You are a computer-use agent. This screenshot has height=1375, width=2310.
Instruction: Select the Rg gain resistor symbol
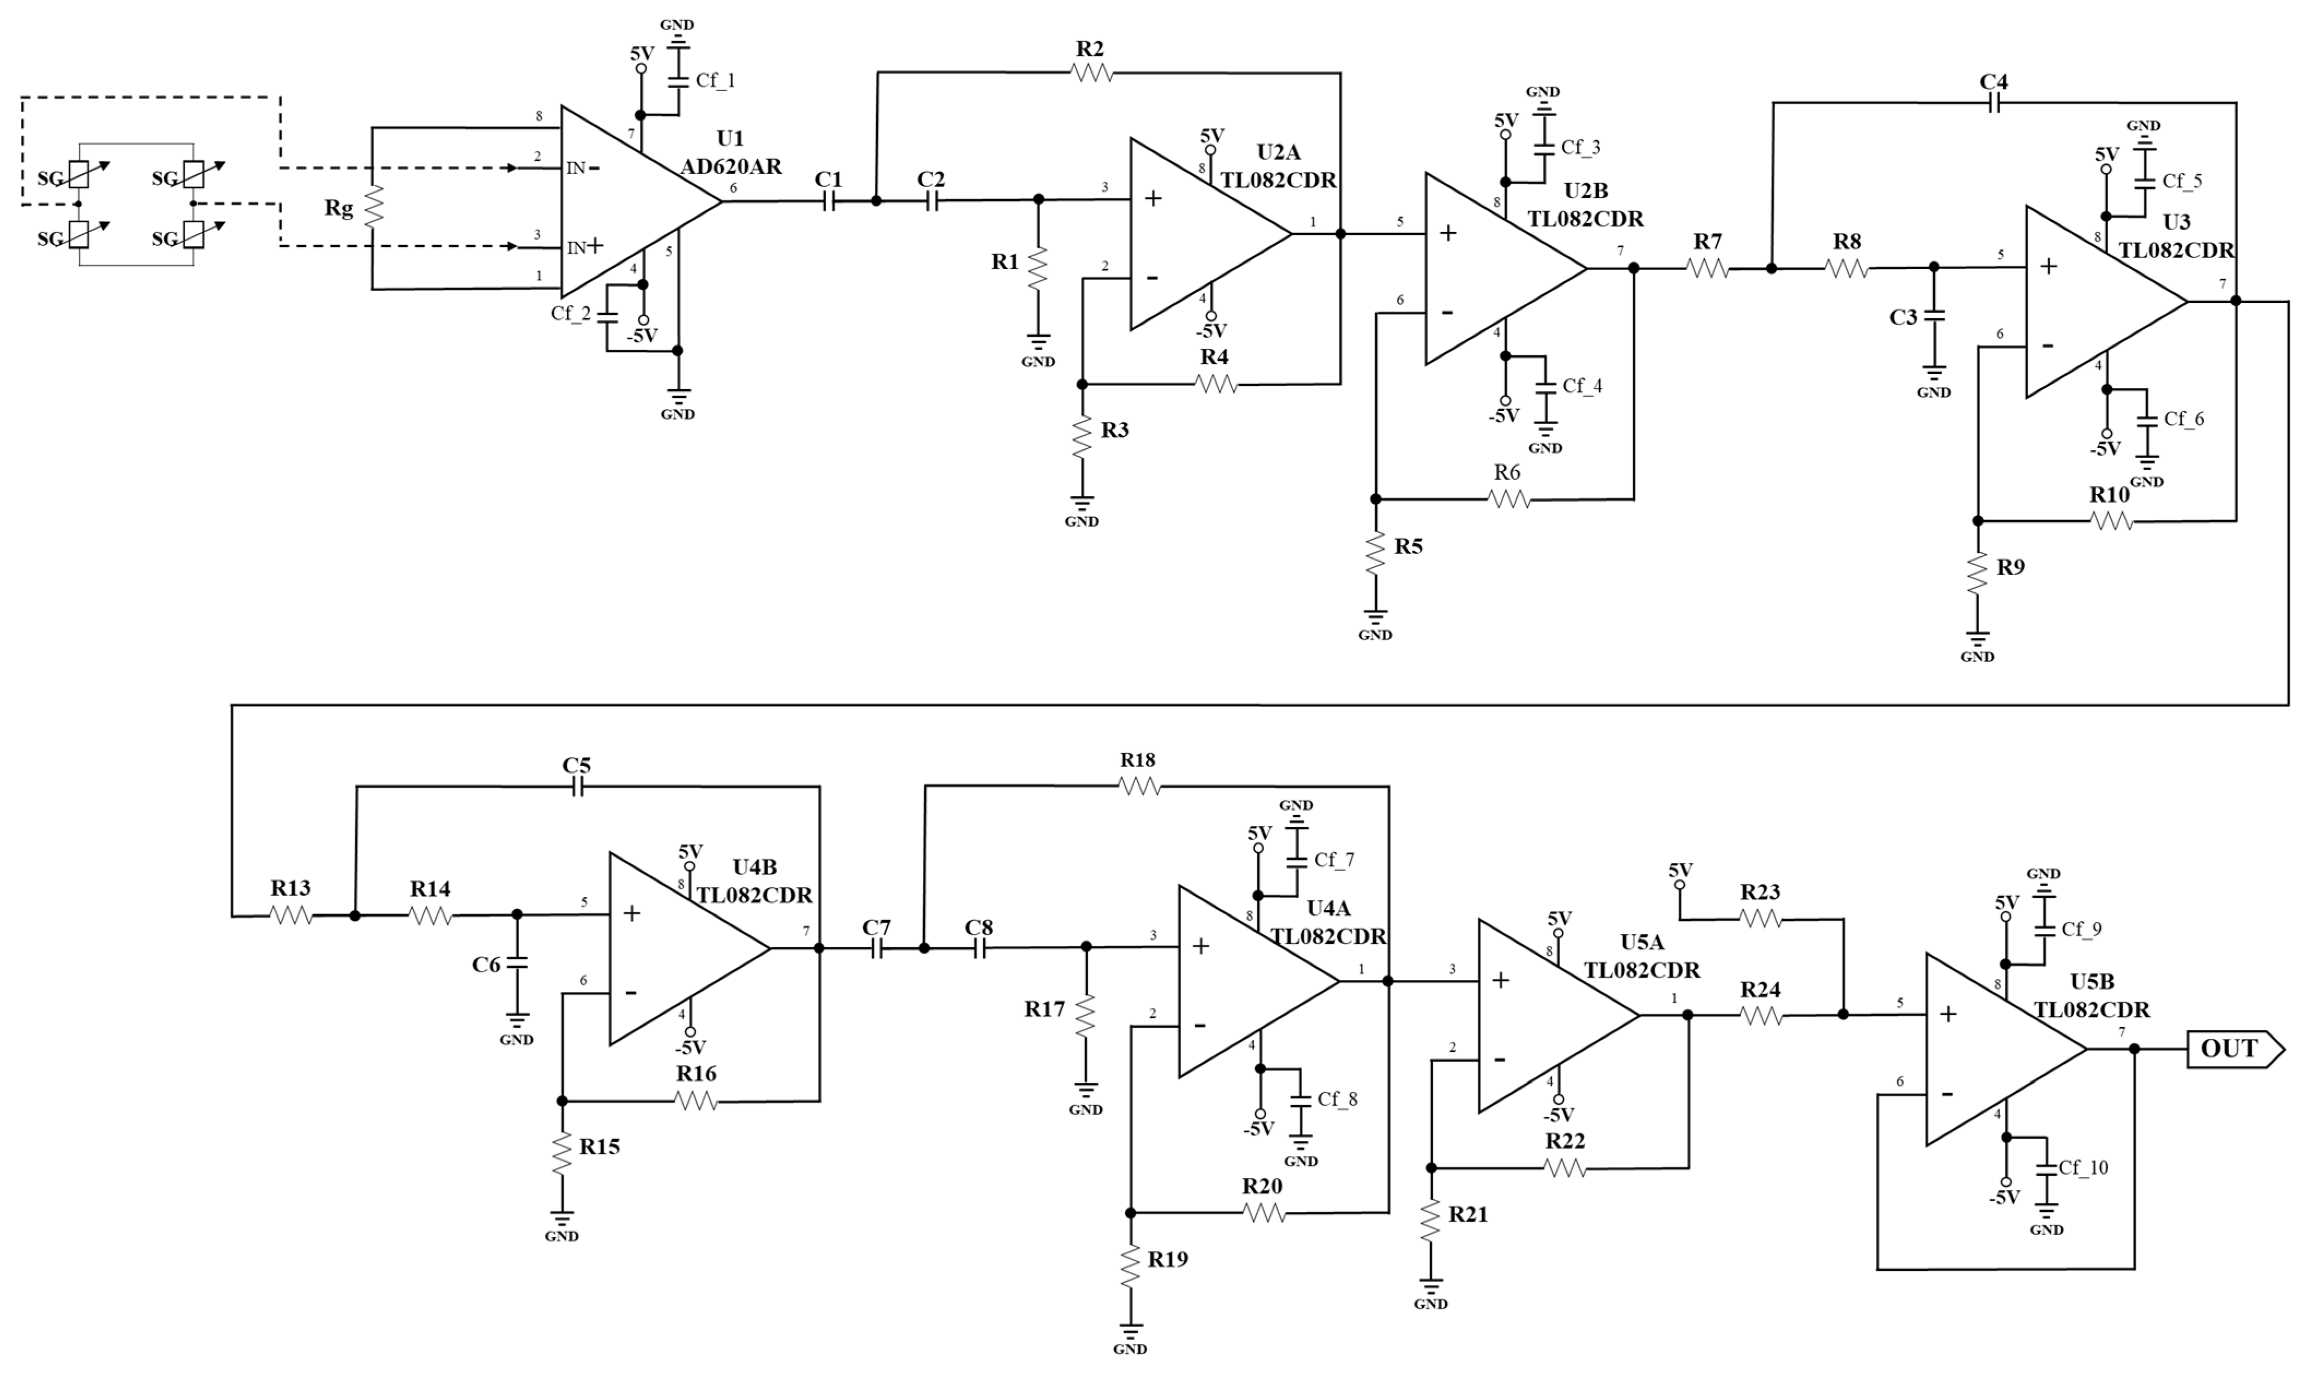(372, 207)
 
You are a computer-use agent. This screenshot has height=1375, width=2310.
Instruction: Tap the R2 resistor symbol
(1091, 72)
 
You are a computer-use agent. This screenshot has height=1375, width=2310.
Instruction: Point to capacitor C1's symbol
(828, 200)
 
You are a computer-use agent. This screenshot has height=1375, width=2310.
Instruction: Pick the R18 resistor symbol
(1139, 785)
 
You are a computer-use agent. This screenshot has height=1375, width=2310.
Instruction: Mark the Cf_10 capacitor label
(2083, 1168)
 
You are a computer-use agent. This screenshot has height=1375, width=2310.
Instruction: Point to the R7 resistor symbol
(1708, 268)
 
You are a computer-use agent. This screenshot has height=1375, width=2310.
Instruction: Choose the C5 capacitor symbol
(577, 787)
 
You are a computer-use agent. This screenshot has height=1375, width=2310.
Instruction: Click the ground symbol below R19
(1130, 1334)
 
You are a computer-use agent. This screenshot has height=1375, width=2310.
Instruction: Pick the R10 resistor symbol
(2112, 522)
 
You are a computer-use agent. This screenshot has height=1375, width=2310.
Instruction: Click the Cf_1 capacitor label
(715, 81)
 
